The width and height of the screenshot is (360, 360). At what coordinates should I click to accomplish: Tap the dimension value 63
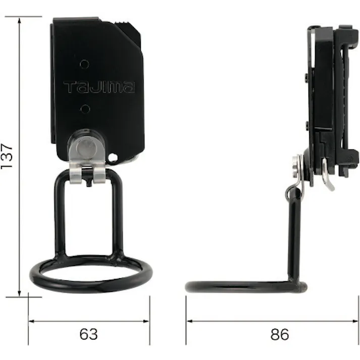(x=88, y=334)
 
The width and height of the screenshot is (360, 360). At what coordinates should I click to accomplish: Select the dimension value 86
(x=279, y=334)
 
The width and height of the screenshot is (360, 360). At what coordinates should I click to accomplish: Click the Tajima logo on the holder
(x=99, y=87)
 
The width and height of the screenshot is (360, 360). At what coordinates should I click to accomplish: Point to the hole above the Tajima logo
(x=85, y=64)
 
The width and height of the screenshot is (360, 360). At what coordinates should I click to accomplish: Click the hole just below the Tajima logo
(x=85, y=109)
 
